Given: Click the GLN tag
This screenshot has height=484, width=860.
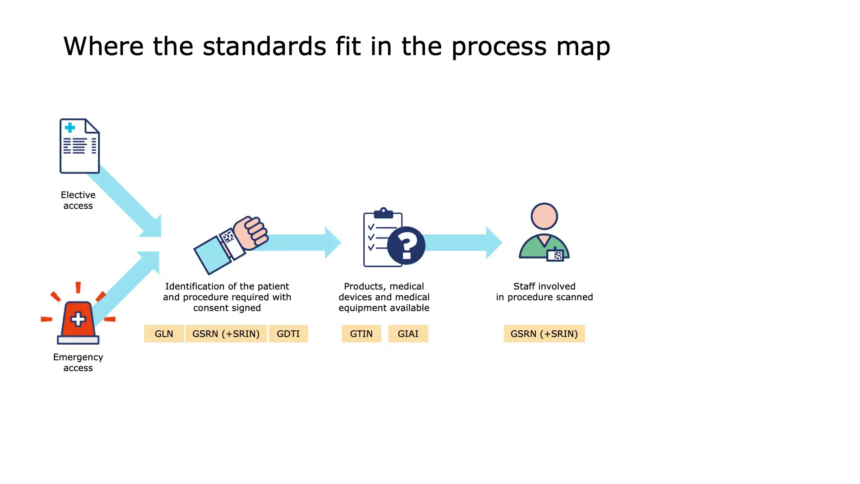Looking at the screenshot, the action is [164, 333].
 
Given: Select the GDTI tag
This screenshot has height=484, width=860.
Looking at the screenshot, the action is [288, 333].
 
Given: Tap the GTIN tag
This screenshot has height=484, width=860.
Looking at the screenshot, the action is [361, 333].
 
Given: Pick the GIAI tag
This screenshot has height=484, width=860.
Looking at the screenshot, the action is [408, 333].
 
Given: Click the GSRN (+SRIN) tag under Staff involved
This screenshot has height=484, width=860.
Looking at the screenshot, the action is [544, 333].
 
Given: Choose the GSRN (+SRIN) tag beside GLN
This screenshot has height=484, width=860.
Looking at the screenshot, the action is [226, 333].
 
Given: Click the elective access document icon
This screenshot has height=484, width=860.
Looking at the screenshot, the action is [80, 146].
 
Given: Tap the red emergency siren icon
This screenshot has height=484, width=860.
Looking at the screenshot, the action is [78, 314].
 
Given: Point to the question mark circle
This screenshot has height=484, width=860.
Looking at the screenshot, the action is [406, 245].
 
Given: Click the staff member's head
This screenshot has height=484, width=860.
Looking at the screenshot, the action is [544, 216].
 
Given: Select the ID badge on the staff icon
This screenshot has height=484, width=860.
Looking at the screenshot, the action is [555, 255].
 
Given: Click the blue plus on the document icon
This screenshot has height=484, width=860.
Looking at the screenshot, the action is [70, 128].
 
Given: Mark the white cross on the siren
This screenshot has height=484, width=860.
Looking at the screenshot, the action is [78, 320].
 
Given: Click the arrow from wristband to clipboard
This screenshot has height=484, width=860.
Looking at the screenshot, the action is [300, 242].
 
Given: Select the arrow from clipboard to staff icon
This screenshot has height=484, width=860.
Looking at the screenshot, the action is [464, 242].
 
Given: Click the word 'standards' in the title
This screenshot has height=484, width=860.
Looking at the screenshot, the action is [264, 46].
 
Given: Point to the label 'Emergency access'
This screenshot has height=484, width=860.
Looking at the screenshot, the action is [78, 363].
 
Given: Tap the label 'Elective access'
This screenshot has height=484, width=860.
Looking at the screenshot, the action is [78, 200].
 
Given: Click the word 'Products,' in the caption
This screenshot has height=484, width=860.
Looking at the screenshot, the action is [361, 287].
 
